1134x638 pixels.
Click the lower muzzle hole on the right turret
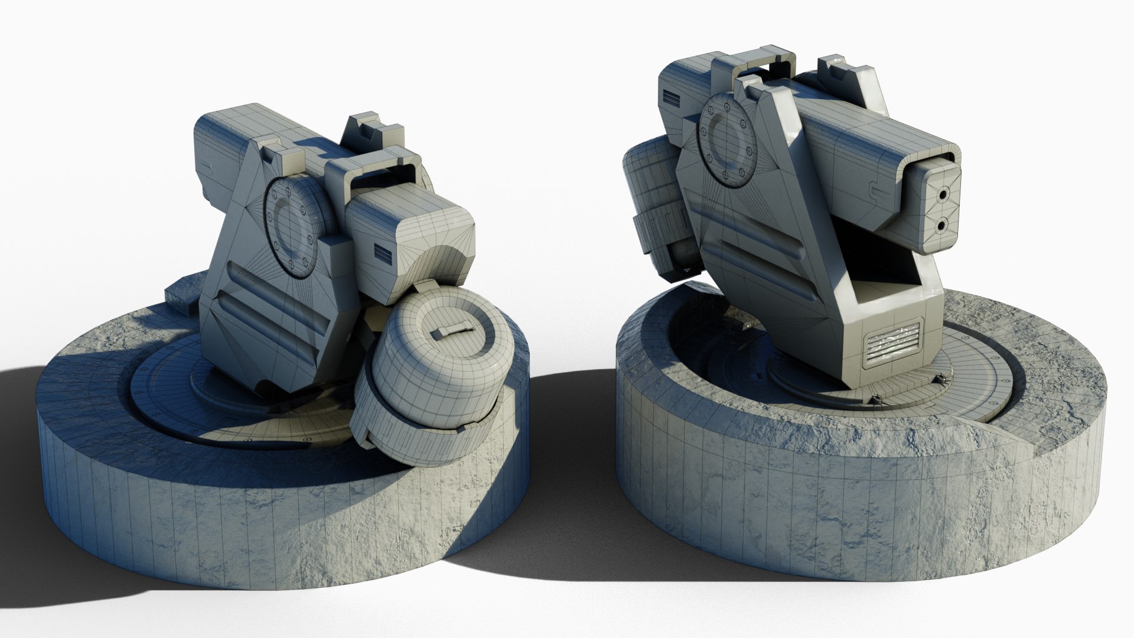(x=940, y=224)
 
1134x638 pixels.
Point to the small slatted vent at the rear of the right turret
(x=672, y=97)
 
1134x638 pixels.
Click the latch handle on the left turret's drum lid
(x=451, y=330)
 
